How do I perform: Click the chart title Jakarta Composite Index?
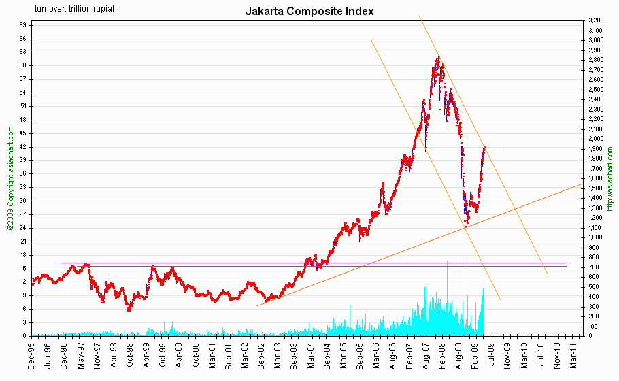coord(309,11)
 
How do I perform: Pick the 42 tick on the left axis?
coord(22,147)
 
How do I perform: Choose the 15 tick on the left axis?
coord(22,268)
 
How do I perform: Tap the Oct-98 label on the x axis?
coord(129,355)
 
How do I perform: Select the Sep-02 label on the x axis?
coord(261,355)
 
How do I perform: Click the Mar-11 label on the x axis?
coord(574,355)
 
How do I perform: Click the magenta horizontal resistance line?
coord(204,263)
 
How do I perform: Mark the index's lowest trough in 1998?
coord(129,310)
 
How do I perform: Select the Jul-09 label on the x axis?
coord(492,355)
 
